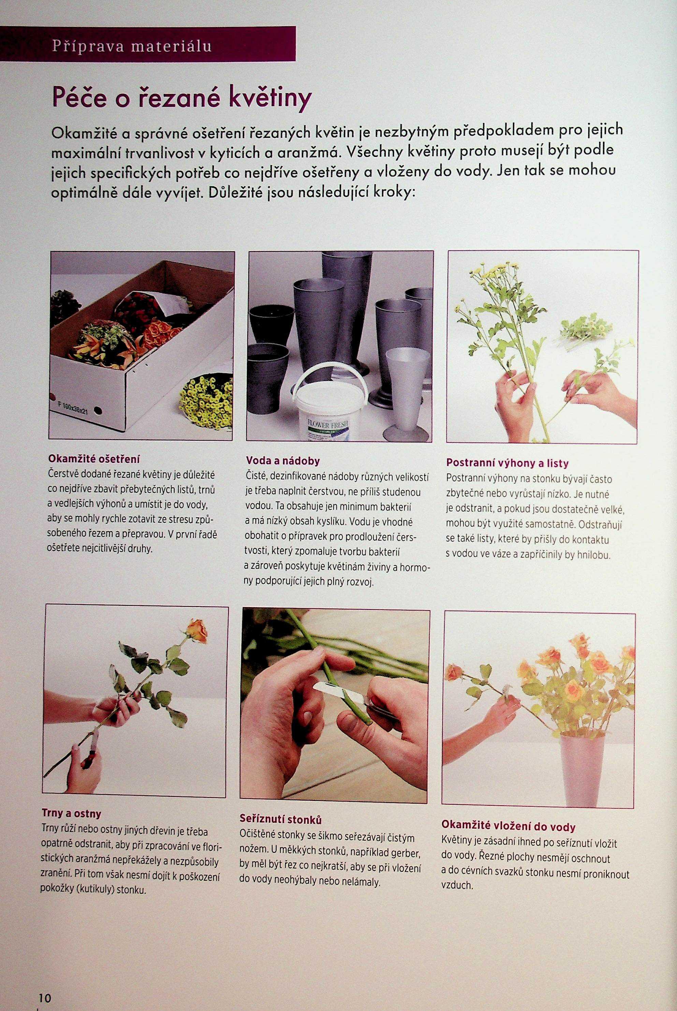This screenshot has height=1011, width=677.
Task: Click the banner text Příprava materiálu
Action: click(x=132, y=46)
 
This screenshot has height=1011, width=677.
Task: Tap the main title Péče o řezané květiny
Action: click(x=181, y=99)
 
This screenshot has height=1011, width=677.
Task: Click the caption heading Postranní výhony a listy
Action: click(x=507, y=463)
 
